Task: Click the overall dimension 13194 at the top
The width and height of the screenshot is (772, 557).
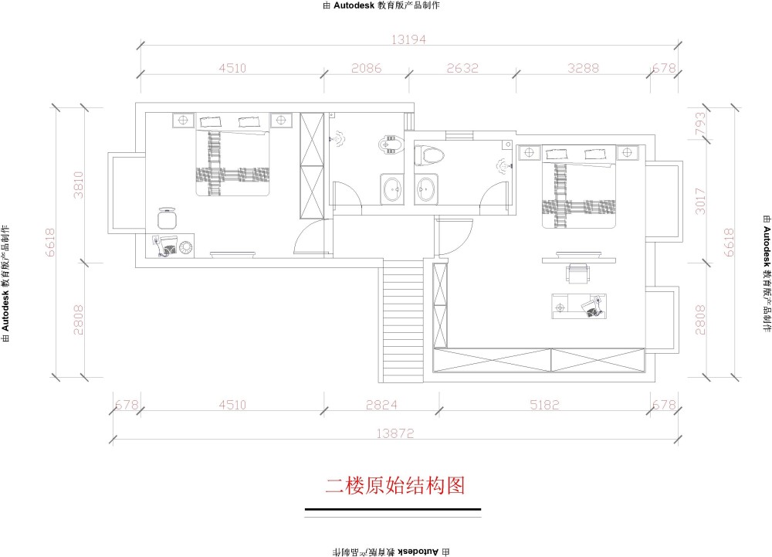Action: pyautogui.click(x=408, y=39)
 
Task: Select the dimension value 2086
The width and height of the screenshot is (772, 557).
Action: pyautogui.click(x=366, y=68)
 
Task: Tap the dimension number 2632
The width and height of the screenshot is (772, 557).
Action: pyautogui.click(x=462, y=68)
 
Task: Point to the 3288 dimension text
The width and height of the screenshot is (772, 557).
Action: pyautogui.click(x=583, y=68)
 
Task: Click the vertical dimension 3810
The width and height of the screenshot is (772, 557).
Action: pyautogui.click(x=78, y=185)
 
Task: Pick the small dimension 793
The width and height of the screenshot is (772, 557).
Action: pyautogui.click(x=699, y=125)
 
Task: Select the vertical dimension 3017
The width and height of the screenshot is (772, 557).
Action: pyautogui.click(x=699, y=202)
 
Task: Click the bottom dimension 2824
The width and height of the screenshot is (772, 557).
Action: pyautogui.click(x=381, y=405)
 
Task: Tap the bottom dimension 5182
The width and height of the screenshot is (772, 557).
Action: pyautogui.click(x=544, y=405)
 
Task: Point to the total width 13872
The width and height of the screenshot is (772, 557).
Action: pyautogui.click(x=394, y=433)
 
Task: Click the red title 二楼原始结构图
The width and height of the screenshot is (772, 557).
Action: pyautogui.click(x=394, y=486)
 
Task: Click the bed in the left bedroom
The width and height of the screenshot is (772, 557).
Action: pyautogui.click(x=233, y=155)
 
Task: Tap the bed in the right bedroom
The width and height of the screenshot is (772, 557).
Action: pyautogui.click(x=579, y=187)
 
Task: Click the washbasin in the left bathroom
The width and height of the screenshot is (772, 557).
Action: pyautogui.click(x=392, y=188)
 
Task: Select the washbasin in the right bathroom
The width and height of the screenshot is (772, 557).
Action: pyautogui.click(x=425, y=189)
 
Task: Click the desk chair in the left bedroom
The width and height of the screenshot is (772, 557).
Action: pyautogui.click(x=168, y=219)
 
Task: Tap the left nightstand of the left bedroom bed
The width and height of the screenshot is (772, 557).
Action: pyautogui.click(x=183, y=121)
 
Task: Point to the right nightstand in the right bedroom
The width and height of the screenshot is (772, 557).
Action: pyautogui.click(x=627, y=153)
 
